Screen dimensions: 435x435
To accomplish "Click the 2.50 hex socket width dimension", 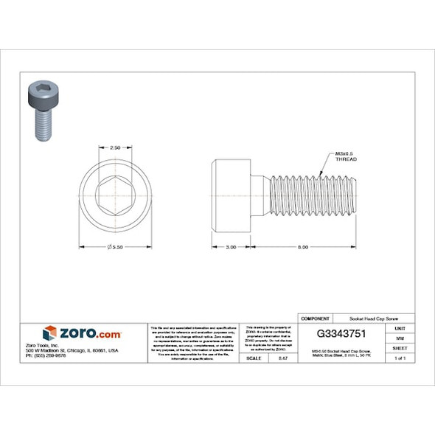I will tap(115, 147).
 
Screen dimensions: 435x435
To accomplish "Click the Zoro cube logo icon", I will tap(50, 333).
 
